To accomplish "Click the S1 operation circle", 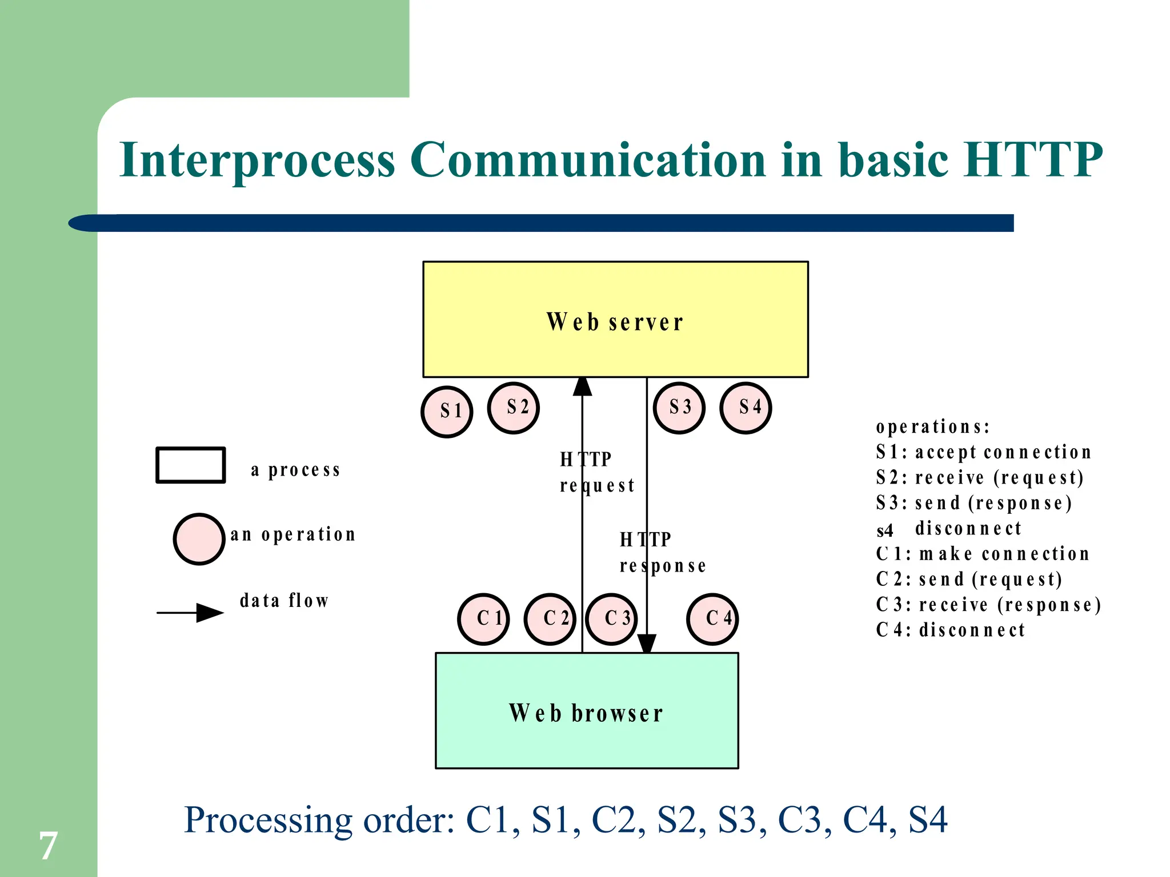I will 447,412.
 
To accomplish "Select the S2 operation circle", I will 513,408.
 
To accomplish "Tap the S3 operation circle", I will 679,408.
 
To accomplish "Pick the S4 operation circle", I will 746,408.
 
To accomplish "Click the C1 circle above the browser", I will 483,619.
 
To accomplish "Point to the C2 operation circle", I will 550,619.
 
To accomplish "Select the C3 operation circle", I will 611,619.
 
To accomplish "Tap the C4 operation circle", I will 712,619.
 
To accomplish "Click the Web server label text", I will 615,323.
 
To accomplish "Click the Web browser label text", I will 586,714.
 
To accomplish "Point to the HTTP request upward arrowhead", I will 582,387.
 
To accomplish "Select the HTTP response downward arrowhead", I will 647,643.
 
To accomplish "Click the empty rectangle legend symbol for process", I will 191,465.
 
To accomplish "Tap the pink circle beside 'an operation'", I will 199,539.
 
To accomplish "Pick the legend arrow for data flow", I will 191,613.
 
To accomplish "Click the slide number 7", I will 48,846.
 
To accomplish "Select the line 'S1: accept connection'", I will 983,452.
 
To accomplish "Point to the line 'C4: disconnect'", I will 950,630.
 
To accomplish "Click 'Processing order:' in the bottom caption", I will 319,820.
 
